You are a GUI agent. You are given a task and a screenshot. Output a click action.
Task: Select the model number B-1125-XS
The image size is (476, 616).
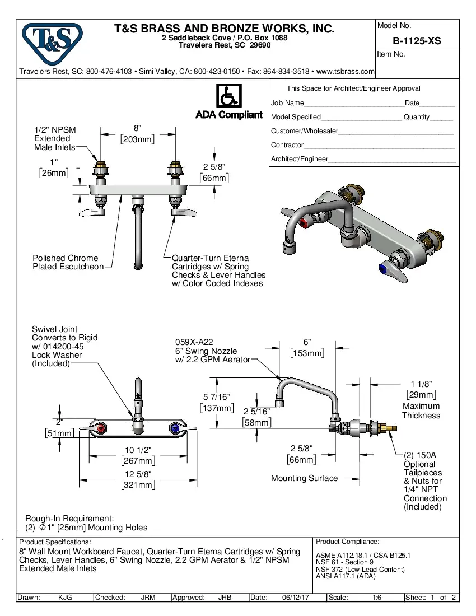[x=417, y=40]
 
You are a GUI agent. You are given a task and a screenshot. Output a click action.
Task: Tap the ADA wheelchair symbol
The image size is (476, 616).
[x=228, y=97]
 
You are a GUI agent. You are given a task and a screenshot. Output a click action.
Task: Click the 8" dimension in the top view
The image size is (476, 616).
[x=137, y=128]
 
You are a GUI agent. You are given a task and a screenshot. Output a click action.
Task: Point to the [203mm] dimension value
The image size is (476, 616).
[x=137, y=139]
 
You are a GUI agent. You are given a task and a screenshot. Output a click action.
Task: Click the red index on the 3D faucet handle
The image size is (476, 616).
[x=304, y=225]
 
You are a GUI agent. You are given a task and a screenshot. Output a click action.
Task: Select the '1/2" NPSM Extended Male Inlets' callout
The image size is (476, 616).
[x=55, y=138]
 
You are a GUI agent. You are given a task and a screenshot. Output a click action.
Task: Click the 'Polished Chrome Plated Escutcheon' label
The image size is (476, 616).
[x=68, y=262]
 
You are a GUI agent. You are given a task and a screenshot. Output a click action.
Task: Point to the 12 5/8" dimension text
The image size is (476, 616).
[x=138, y=474]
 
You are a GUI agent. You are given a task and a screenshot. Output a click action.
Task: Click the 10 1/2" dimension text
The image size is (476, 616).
[x=138, y=450]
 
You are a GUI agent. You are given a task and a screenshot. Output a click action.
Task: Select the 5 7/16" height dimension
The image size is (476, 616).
[x=216, y=397]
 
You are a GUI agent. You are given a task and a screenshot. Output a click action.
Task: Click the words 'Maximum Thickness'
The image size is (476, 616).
[x=421, y=410]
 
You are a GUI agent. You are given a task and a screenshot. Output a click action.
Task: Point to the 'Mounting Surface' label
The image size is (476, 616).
[x=304, y=478]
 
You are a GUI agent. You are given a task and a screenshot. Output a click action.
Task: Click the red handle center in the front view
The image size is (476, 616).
[x=101, y=429]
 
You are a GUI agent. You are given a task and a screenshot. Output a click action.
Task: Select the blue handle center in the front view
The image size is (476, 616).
[x=175, y=429]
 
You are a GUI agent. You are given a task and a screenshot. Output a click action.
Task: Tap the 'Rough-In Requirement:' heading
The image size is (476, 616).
[x=69, y=519]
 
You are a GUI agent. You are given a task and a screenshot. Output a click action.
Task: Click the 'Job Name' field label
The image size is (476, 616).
[x=287, y=103]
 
